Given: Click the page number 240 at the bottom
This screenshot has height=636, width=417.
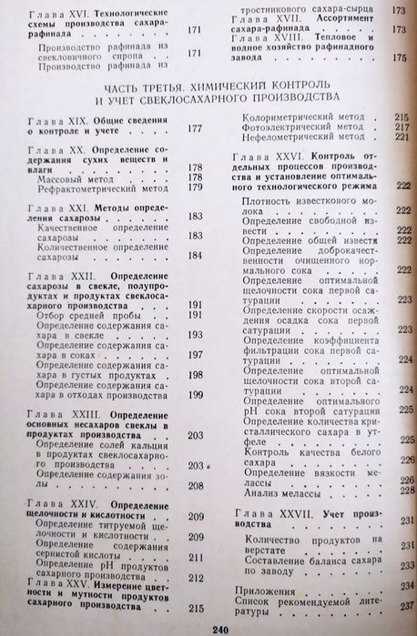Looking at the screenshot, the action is pos(218,629).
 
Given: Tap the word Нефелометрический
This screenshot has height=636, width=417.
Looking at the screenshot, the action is pos(296,137).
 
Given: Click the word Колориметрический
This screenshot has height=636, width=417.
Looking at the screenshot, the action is pos(296,117).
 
